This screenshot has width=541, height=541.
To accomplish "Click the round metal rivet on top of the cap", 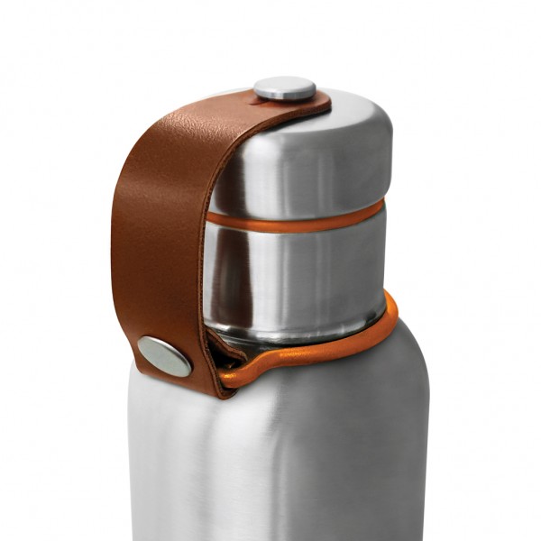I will [284, 88].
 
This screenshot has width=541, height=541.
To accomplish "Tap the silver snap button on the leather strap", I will [165, 355].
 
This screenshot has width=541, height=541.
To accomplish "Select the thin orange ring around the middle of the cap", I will [298, 219].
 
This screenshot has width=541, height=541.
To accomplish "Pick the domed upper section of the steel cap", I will [307, 162].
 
